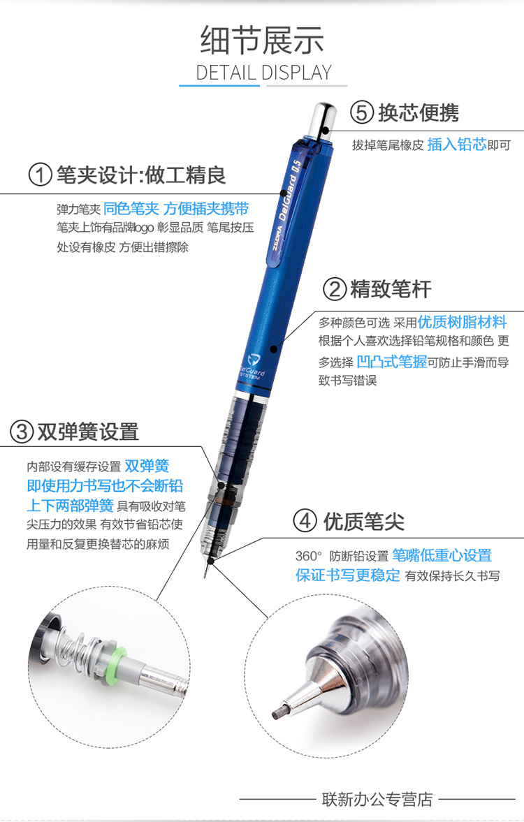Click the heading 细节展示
click(262, 41)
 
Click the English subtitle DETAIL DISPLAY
click(263, 73)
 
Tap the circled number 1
click(41, 175)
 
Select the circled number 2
click(335, 289)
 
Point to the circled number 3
click(22, 432)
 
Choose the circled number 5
click(362, 112)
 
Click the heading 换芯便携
click(419, 112)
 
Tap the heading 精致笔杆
click(391, 289)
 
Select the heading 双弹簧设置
click(88, 432)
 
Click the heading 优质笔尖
click(364, 522)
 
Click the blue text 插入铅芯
click(457, 144)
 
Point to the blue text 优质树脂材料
click(462, 321)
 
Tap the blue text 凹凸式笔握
click(392, 362)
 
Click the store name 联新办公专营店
click(378, 799)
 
